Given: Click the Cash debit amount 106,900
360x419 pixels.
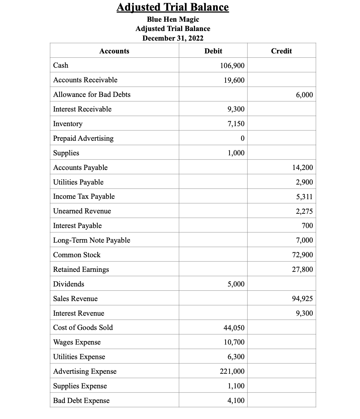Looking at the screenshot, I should point(232,66).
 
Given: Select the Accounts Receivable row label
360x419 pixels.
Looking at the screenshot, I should point(85,80).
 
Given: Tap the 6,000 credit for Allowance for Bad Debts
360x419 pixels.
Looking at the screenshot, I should point(304,95).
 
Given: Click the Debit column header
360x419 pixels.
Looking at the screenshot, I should point(213,51).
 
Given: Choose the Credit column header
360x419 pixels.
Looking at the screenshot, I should point(281,51).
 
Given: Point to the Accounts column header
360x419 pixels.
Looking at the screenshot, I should point(114,51).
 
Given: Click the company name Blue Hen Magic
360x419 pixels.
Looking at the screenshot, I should point(173,19).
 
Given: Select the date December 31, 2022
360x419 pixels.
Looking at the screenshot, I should point(173,38).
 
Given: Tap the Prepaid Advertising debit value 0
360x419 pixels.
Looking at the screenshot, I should point(242,139).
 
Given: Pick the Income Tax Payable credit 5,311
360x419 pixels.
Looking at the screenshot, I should point(304,197).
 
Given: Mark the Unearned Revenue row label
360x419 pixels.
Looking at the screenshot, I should point(82,211).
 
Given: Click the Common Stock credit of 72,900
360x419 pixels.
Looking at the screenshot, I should point(303,255).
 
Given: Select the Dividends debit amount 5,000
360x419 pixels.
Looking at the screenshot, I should point(236,284).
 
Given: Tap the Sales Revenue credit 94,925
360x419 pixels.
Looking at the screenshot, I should point(303,299).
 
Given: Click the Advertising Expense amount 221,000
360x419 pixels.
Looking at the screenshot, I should point(232,372).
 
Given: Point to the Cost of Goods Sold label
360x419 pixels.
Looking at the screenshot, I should point(83,328).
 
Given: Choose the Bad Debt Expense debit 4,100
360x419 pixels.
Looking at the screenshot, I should point(236,401).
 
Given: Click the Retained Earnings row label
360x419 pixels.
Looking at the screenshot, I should point(81,270).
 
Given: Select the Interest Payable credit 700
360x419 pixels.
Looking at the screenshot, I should point(307,226).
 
